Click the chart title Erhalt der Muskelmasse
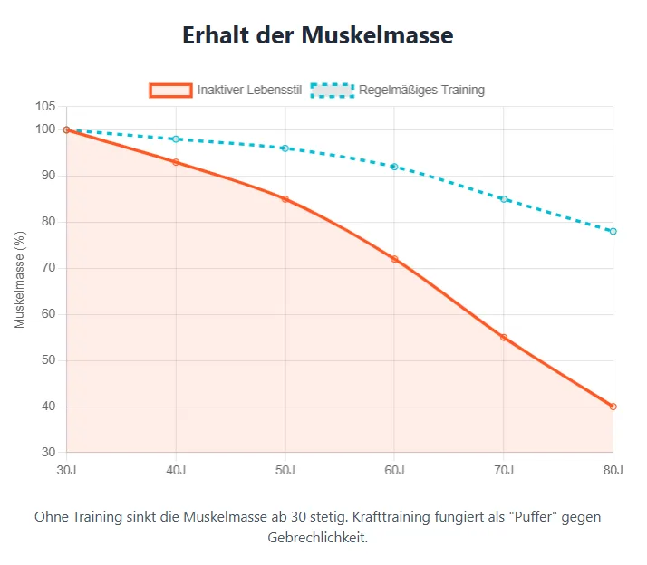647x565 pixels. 317,35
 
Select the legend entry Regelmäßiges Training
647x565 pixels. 421,90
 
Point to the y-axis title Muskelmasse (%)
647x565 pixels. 20,279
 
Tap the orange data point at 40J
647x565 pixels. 176,162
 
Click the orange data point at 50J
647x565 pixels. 285,199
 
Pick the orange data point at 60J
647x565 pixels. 394,259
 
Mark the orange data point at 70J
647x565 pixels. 504,338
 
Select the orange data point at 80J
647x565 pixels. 613,407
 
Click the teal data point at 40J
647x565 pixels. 176,139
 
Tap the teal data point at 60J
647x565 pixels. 394,167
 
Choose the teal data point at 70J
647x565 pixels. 504,199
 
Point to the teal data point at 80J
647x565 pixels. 613,231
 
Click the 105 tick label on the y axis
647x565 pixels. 45,107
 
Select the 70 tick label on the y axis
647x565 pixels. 49,268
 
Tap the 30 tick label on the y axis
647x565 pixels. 49,453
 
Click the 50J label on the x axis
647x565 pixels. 285,469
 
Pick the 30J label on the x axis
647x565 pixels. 66,469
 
